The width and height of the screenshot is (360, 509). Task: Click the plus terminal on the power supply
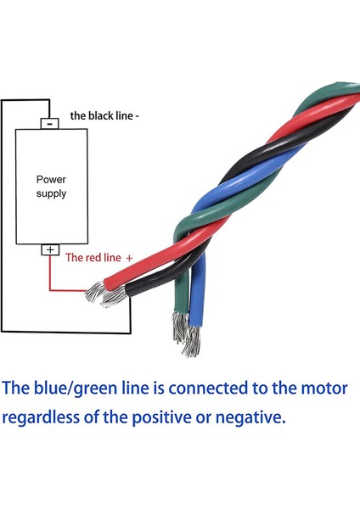(x=49, y=249)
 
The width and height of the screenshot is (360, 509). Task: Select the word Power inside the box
(x=50, y=180)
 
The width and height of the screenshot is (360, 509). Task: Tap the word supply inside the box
(x=50, y=193)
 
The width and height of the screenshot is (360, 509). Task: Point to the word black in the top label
(x=101, y=115)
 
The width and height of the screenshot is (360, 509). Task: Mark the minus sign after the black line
(x=138, y=115)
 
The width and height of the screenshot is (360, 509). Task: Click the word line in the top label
(x=124, y=115)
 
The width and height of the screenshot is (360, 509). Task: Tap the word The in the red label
(x=74, y=257)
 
